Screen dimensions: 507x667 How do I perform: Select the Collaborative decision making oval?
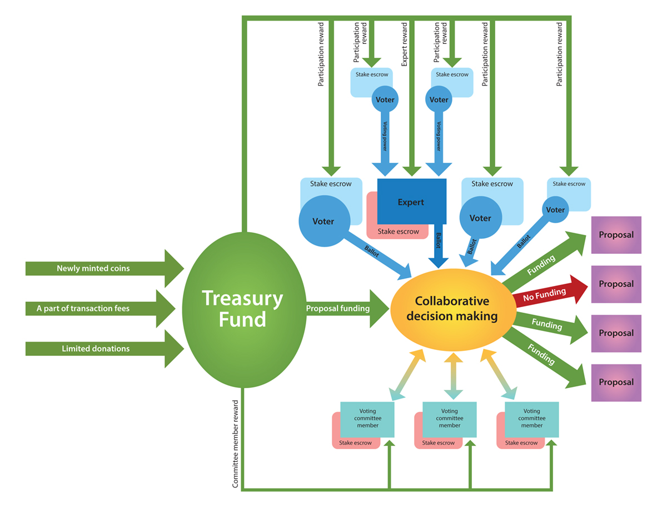point(451,309)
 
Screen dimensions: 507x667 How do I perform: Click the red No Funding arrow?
point(545,293)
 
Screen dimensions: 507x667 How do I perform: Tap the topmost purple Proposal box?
point(616,235)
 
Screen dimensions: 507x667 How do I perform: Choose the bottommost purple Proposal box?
point(616,383)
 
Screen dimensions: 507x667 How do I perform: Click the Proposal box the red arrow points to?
point(616,284)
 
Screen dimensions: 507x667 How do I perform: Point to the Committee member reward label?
point(236,444)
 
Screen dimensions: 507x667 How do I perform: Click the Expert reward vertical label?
point(405,44)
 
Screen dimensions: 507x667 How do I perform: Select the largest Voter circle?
point(323,222)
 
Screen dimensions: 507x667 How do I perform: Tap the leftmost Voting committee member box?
point(367,419)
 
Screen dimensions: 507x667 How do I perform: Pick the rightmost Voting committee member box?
point(532,419)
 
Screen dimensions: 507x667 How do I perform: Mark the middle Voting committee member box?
point(449,419)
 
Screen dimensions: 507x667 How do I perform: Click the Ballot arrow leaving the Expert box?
point(439,244)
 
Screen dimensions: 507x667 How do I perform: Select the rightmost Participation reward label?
point(560,54)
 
